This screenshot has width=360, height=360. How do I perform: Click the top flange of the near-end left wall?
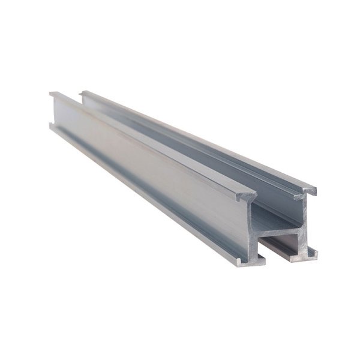(247, 195)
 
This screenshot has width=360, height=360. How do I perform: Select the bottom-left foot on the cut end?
(241, 262)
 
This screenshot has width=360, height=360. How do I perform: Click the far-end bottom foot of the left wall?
(52, 125)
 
